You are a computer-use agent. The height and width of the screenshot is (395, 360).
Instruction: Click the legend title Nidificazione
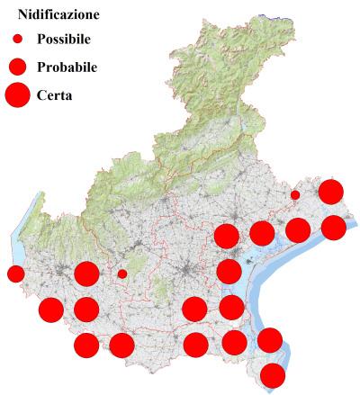click(x=58, y=15)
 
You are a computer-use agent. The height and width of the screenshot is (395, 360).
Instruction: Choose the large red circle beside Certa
click(x=18, y=94)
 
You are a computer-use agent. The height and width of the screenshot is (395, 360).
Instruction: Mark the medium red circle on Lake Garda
click(x=15, y=274)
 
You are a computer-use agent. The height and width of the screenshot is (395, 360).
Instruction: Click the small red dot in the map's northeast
click(x=295, y=194)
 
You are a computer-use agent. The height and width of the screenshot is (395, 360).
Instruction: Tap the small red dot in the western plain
click(x=122, y=274)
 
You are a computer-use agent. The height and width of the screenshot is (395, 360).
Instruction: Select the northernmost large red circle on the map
click(x=331, y=191)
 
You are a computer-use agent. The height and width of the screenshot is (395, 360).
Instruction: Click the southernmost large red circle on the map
click(x=273, y=375)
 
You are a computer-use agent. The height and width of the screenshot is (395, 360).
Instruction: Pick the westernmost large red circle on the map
click(x=51, y=310)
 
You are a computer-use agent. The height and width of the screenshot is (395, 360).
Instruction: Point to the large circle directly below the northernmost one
click(x=333, y=227)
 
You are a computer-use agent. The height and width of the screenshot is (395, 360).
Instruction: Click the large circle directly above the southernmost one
click(x=270, y=340)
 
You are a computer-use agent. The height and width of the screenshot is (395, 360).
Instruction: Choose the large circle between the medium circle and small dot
click(x=86, y=274)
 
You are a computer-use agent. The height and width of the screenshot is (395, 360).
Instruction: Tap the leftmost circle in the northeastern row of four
click(x=227, y=237)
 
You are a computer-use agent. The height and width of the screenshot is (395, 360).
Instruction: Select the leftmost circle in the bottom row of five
click(x=86, y=345)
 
